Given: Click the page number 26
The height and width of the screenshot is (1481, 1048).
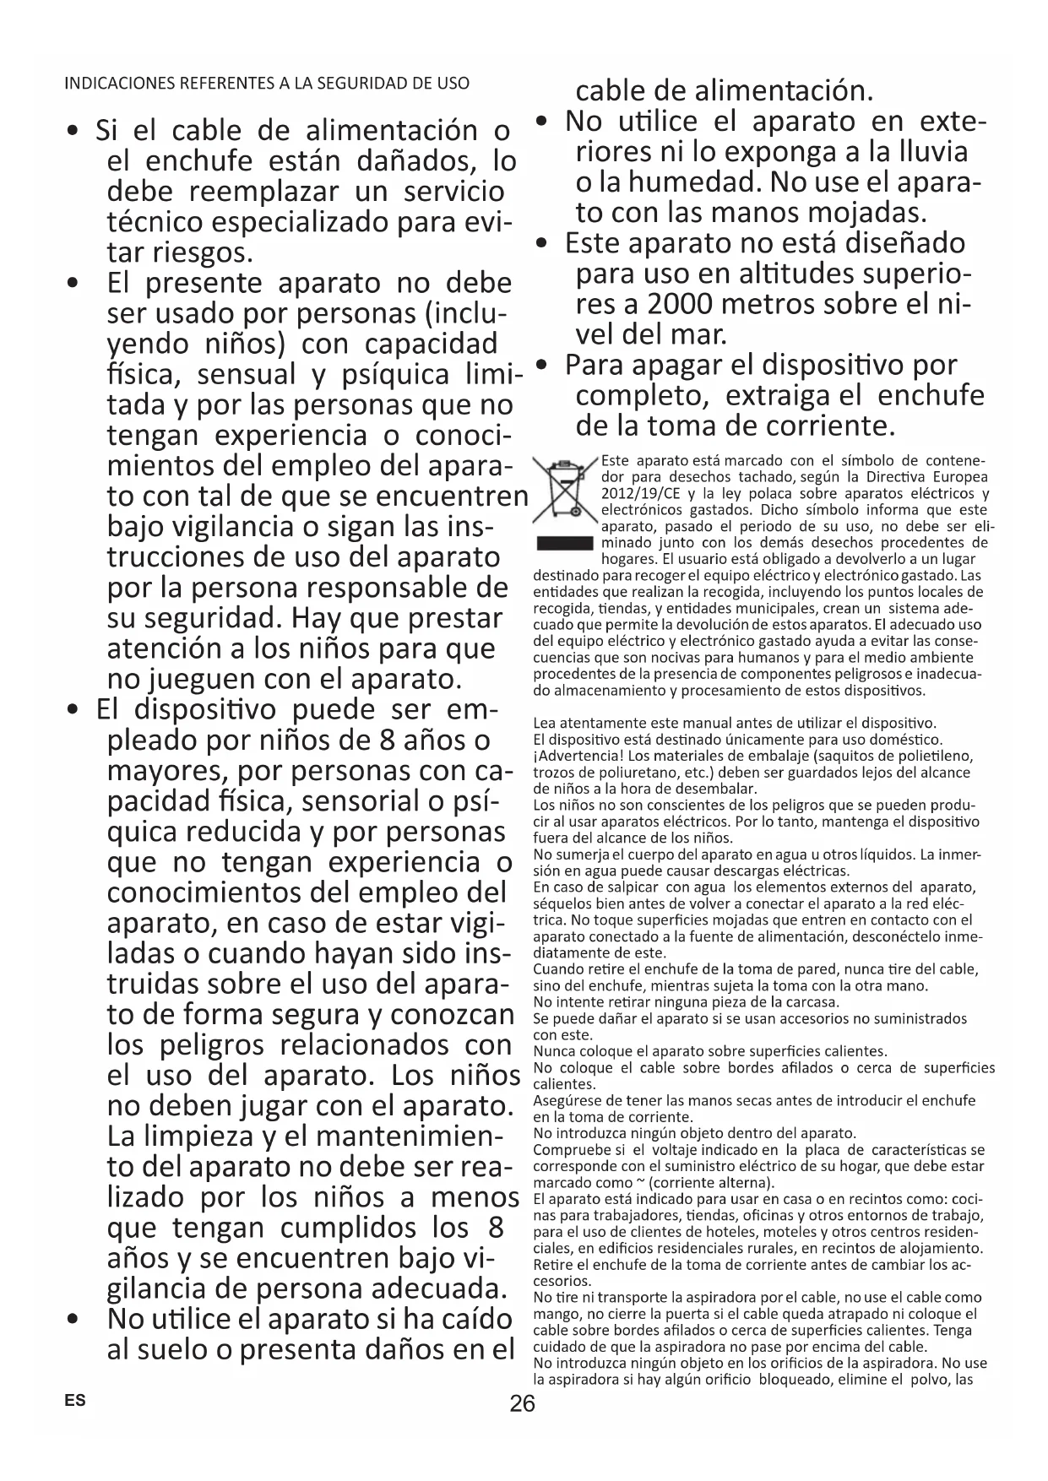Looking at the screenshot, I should pos(523,1404).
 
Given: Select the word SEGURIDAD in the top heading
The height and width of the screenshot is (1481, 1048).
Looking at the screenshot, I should pos(338,84).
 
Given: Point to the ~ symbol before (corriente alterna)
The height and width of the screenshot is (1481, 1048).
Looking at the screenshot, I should pos(638,1181).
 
